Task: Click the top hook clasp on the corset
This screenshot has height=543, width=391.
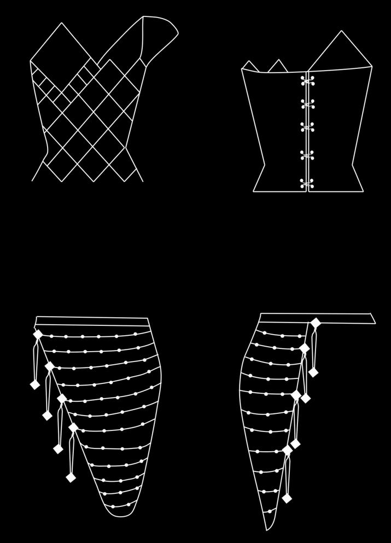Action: tap(307, 81)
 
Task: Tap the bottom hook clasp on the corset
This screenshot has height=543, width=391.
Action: tap(307, 183)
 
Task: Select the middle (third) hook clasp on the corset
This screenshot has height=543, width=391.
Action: tap(307, 127)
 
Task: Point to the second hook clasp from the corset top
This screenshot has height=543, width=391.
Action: tap(307, 104)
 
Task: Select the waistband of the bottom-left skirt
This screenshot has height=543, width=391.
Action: tap(92, 321)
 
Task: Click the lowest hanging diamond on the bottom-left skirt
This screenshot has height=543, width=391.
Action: tap(71, 477)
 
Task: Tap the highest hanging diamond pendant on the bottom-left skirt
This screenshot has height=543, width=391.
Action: tap(35, 384)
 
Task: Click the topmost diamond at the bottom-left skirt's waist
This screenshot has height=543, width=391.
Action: tap(38, 334)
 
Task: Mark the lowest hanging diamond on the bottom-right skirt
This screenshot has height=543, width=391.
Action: tap(287, 498)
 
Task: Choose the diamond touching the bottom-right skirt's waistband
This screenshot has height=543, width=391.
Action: tap(316, 323)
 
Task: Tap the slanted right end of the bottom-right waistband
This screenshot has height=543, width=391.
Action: tap(372, 318)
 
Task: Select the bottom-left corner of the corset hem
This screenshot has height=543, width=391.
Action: tap(254, 191)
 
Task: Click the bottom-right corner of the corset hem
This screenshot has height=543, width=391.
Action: tap(363, 191)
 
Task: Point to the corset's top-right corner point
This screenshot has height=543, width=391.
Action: tap(372, 67)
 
